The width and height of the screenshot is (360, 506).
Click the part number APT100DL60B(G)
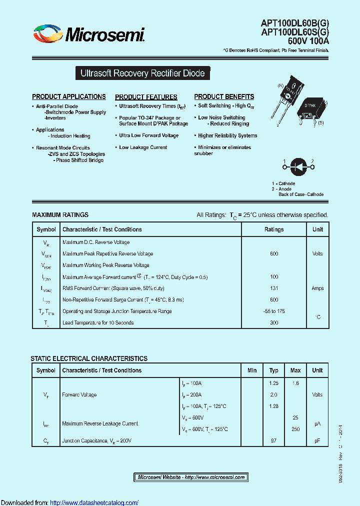click(295, 22)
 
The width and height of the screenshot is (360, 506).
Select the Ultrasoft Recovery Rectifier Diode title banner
click(142, 73)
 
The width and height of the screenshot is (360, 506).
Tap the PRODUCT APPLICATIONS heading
click(69, 96)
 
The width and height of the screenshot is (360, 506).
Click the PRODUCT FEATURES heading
click(146, 97)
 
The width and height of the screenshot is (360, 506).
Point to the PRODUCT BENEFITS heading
click(224, 96)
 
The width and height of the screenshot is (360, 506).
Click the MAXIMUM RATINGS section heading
click(60, 215)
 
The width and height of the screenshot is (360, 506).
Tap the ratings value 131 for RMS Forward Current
click(274, 288)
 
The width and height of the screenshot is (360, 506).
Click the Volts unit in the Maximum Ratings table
click(317, 254)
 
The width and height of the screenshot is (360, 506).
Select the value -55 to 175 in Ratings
click(274, 311)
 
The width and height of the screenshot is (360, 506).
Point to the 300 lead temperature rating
click(274, 323)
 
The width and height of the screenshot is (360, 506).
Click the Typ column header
click(274, 370)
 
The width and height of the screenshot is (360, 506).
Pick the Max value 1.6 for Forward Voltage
click(295, 383)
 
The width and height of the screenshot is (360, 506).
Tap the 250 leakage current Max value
click(295, 429)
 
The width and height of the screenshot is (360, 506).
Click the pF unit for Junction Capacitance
click(317, 441)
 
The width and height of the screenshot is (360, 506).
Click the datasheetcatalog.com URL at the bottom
click(94, 502)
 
